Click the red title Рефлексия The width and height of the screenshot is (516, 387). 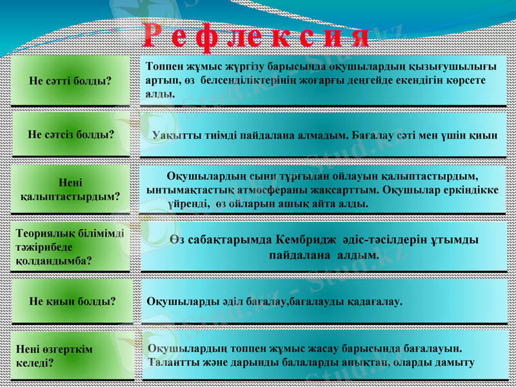click(255, 36)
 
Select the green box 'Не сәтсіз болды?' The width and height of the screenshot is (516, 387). click(71, 135)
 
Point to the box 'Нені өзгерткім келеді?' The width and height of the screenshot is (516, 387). click(70, 355)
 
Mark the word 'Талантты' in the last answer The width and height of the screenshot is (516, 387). click(170, 362)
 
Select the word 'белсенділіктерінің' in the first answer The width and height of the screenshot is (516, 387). click(243, 81)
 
